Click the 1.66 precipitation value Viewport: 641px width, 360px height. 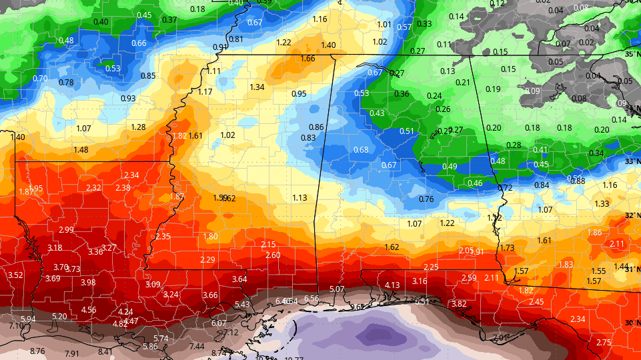(x=307, y=59)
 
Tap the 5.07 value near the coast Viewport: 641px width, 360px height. (x=337, y=289)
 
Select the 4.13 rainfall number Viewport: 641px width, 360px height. (x=392, y=285)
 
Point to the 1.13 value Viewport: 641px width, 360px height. (x=299, y=198)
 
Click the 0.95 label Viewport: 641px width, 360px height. (x=299, y=94)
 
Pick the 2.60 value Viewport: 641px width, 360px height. (x=273, y=255)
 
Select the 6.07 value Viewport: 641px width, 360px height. (x=219, y=323)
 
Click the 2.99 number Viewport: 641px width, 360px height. (x=66, y=230)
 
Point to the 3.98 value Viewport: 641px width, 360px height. (x=88, y=283)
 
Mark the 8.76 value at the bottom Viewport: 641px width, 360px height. (x=37, y=351)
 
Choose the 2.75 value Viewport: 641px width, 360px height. (x=604, y=343)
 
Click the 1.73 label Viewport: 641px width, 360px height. (x=508, y=248)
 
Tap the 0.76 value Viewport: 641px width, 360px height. (x=426, y=199)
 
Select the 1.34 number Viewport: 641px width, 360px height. (x=257, y=87)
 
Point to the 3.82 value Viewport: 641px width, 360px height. (x=459, y=304)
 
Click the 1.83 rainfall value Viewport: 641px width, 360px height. (x=566, y=265)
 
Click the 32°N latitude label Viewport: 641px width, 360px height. (x=632, y=215)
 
